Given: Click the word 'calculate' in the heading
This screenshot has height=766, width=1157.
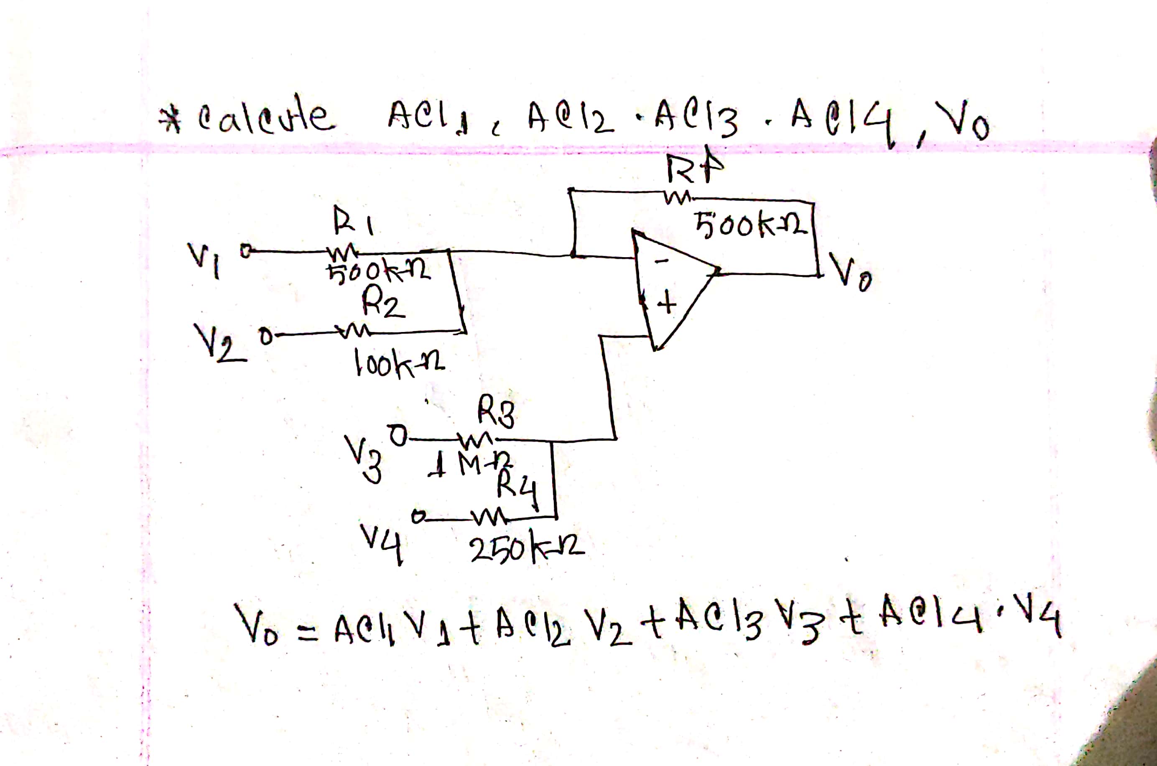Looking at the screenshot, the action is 266,118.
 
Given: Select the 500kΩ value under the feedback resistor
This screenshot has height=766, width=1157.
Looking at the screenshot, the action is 752,226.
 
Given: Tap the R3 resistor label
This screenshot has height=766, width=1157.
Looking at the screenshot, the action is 496,412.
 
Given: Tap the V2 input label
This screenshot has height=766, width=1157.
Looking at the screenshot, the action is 219,343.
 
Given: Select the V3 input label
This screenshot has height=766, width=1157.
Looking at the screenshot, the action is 364,459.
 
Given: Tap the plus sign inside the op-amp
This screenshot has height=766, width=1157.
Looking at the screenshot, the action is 667,304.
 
